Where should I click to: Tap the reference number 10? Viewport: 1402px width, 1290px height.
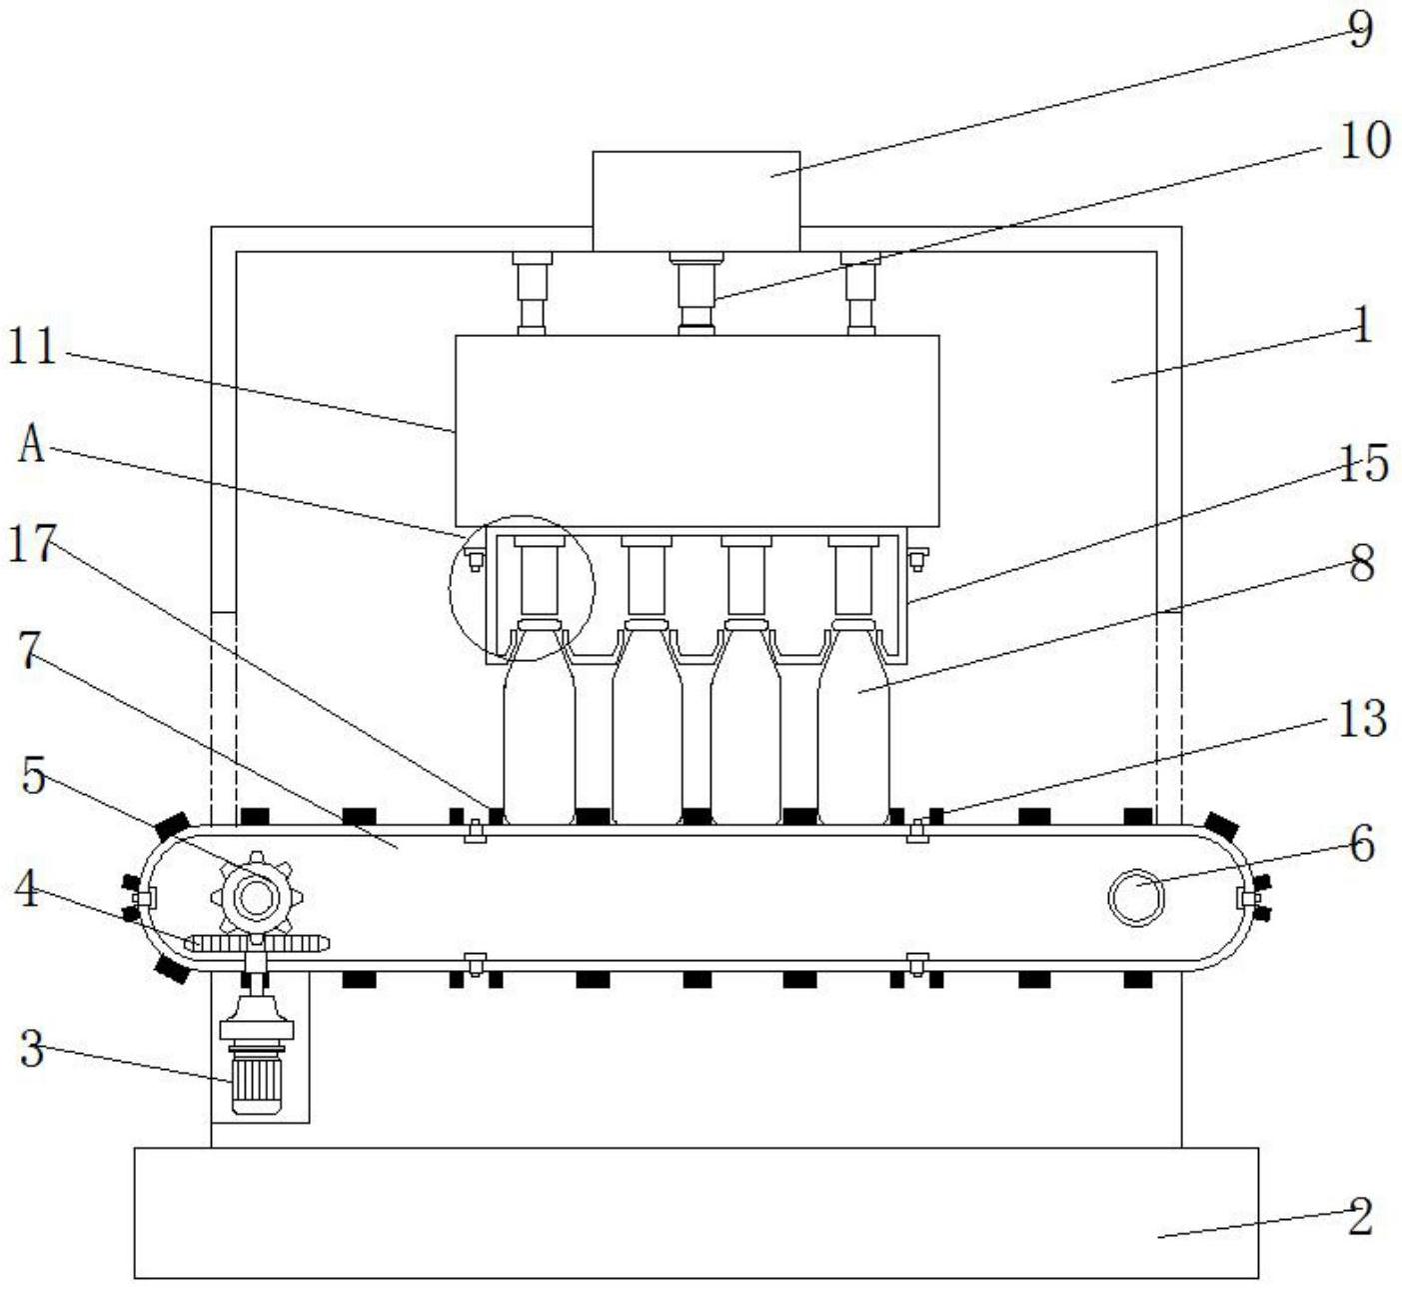point(1364,141)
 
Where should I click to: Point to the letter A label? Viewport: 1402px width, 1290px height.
point(32,446)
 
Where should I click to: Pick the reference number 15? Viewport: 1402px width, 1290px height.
point(1363,464)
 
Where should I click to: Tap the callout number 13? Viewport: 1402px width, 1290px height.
point(1362,719)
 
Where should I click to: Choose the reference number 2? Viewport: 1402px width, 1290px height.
point(1360,1217)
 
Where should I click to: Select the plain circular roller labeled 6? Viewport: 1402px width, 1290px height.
point(1136,897)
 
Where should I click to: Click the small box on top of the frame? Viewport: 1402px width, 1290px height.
point(696,201)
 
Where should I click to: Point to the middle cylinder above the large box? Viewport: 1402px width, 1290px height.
point(697,292)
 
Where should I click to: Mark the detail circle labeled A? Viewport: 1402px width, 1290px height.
point(522,588)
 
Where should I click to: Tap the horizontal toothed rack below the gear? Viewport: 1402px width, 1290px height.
point(257,942)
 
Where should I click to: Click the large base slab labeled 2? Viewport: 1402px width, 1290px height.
point(696,1212)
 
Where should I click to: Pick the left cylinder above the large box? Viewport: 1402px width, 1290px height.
point(532,292)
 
